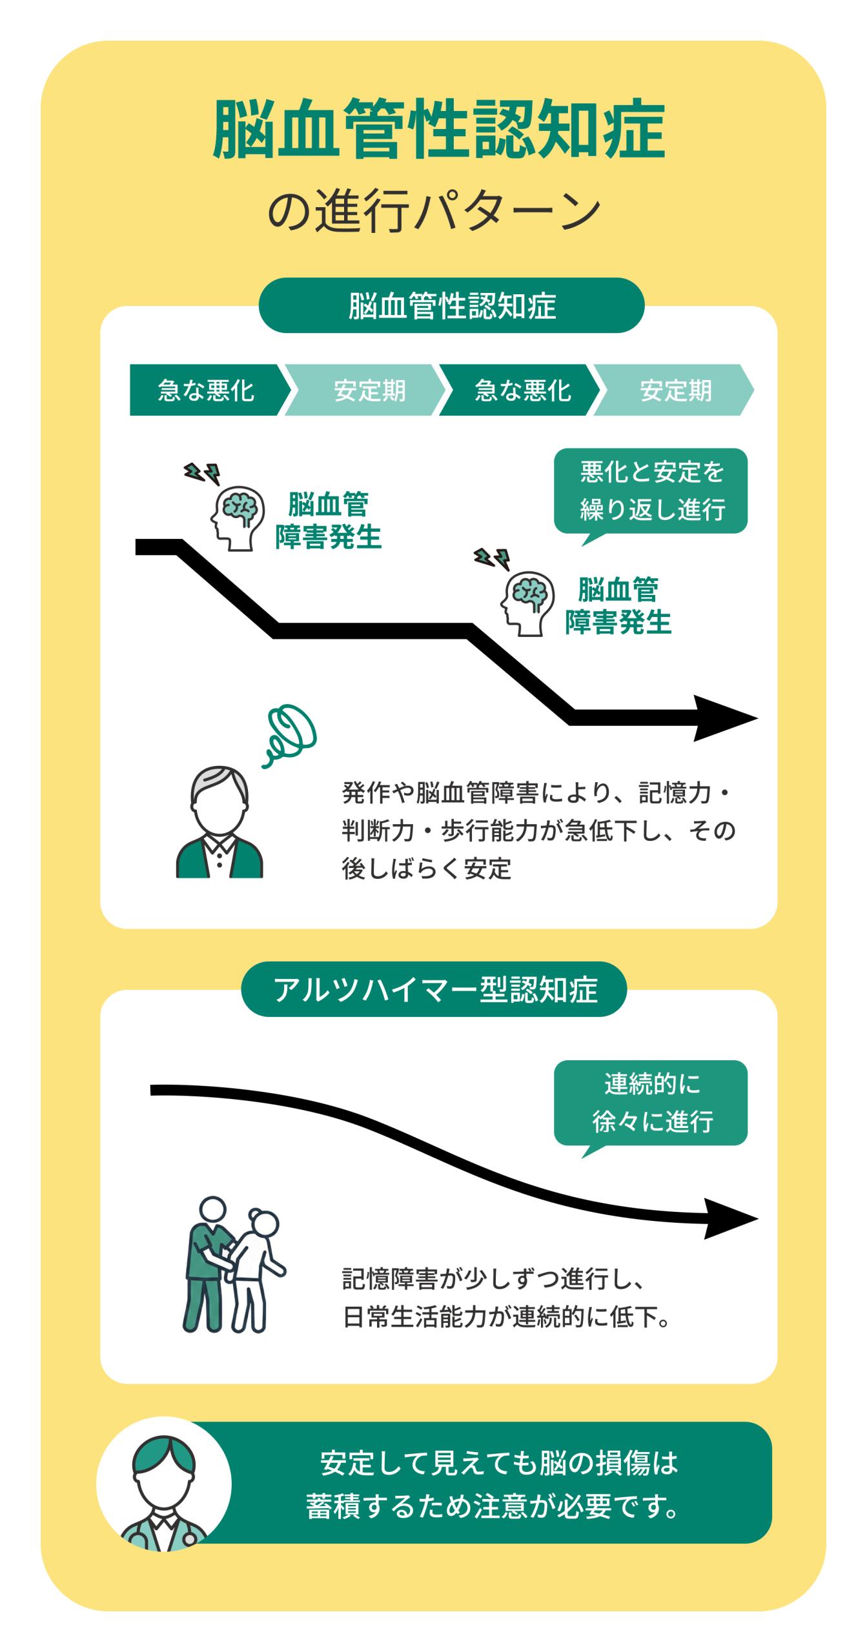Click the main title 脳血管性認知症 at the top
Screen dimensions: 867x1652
[438, 129]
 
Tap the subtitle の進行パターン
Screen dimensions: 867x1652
[434, 210]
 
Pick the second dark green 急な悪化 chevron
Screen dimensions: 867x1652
[520, 390]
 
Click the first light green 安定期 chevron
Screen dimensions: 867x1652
[365, 390]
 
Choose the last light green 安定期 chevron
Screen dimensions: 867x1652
[673, 390]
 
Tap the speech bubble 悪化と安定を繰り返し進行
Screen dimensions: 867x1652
[650, 492]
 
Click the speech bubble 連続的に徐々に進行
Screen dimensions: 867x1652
[650, 1103]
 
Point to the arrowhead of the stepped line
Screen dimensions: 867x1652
[723, 718]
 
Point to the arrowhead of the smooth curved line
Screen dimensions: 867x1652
[729, 1218]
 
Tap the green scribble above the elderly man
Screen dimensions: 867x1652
[290, 736]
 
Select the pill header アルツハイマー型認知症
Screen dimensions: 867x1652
[434, 989]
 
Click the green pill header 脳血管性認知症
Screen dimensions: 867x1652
[451, 305]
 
